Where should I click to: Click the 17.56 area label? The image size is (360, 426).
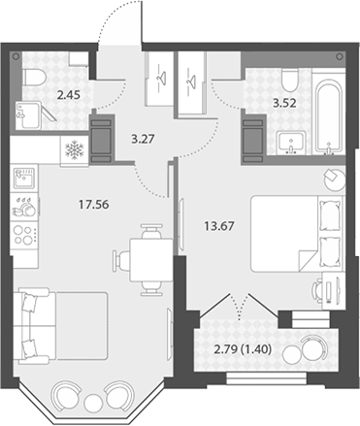coord(94,205)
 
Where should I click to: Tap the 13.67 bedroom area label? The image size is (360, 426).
coord(219,226)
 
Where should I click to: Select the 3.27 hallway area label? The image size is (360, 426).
coord(143,139)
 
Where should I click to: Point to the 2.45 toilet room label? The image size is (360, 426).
coord(68,95)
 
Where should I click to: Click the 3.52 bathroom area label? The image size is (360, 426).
coord(284,103)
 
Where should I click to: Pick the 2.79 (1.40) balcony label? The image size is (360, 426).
coord(243,349)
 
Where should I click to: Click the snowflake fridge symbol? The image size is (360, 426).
coord(75,150)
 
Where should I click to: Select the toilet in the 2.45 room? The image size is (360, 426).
coord(34,78)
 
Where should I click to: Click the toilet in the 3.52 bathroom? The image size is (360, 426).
coord(289,81)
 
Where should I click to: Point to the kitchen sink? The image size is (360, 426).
coord(24,178)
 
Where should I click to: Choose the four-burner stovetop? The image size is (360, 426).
coord(24,235)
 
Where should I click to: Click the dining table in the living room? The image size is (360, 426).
coord(151,259)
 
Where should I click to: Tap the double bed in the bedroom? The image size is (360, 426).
coord(296,233)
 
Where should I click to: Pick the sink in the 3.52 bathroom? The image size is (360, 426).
coord(291,143)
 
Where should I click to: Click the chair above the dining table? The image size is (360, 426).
coord(151,230)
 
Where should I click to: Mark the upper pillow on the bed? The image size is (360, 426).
coord(330,215)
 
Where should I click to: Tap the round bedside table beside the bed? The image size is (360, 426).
coord(335,180)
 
